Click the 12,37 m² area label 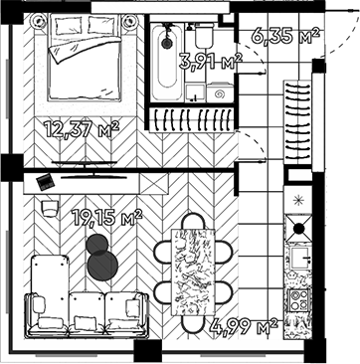tap(82, 127)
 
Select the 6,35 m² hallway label tap(285, 37)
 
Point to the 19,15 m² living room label tap(106, 215)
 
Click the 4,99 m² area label tap(243, 325)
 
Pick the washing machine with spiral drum tap(221, 91)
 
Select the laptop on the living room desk tap(44, 181)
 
